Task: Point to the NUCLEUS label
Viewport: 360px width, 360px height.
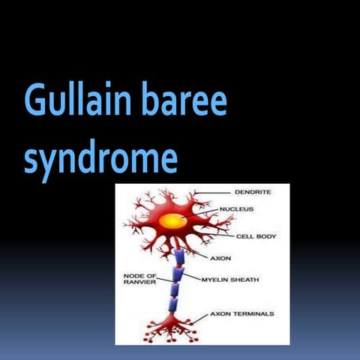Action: click(235, 209)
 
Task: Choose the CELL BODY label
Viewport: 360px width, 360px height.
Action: click(256, 236)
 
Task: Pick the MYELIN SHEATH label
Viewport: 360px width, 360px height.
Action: click(232, 279)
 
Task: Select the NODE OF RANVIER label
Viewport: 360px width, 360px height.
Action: click(139, 279)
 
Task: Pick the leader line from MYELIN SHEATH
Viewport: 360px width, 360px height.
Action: click(192, 277)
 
